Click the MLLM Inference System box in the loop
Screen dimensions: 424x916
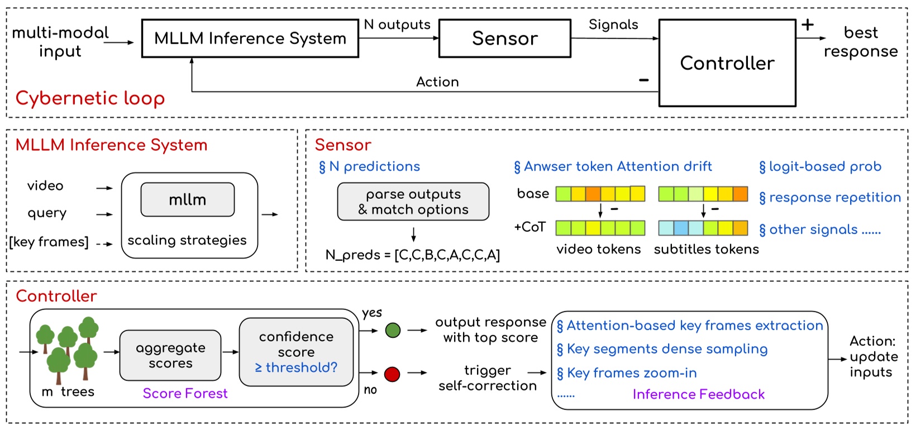[250, 39]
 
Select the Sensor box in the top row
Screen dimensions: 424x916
[504, 39]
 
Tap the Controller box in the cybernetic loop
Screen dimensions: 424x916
[727, 63]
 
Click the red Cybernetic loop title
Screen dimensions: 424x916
[90, 98]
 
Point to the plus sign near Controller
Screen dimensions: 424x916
[808, 25]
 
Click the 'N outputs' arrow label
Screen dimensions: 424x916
[397, 25]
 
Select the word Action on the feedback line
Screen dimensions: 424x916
[437, 82]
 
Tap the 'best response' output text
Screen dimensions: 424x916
[860, 42]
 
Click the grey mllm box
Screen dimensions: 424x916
[187, 199]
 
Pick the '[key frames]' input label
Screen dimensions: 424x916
[49, 242]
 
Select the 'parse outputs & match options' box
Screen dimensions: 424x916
[413, 202]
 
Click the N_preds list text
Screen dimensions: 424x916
[412, 255]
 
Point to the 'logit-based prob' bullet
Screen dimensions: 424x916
[820, 166]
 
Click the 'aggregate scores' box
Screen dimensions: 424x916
[170, 355]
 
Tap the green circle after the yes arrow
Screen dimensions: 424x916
[393, 331]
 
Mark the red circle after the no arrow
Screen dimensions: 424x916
[392, 374]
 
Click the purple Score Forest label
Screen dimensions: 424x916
[185, 393]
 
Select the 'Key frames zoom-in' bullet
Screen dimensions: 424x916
[627, 373]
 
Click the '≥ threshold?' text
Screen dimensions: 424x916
[296, 368]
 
